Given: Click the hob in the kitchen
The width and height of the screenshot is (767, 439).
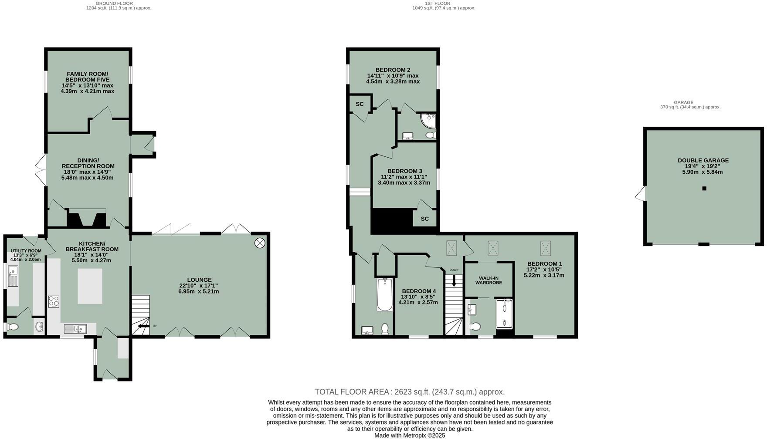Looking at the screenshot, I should [54, 301].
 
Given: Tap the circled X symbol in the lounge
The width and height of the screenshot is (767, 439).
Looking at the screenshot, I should [260, 243].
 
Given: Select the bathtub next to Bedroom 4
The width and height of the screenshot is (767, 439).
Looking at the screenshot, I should [384, 294].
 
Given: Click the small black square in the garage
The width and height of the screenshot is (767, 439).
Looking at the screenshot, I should [704, 189].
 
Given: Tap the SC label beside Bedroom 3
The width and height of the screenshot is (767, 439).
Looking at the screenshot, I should [424, 219].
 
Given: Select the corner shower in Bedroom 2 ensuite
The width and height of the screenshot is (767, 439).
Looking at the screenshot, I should [429, 120].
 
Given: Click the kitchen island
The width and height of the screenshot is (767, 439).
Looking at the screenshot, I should [90, 286].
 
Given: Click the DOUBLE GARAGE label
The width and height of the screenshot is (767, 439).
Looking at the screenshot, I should [703, 160].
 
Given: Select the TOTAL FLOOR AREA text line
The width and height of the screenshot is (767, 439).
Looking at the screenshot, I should [410, 392].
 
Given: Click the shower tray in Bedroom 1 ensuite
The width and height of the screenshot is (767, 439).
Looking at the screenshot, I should [504, 314].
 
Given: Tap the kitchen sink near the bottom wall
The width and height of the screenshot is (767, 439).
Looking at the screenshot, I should [75, 328].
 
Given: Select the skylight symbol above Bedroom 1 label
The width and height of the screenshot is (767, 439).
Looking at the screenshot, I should [545, 248].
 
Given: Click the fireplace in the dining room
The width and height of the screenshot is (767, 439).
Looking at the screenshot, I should [86, 218].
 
